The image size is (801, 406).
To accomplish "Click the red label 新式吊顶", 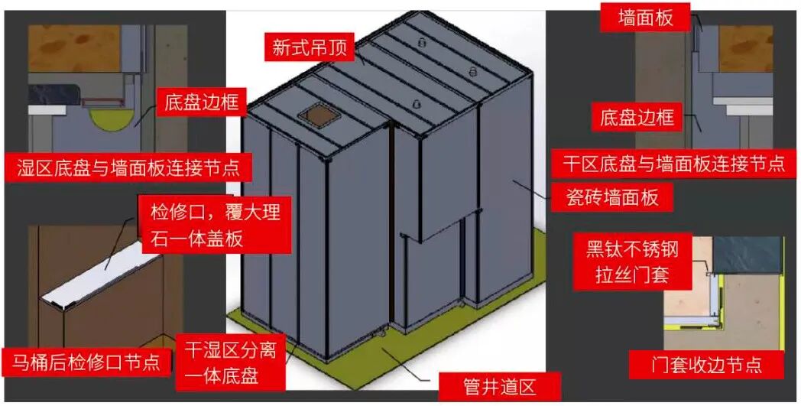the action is tap(309, 48).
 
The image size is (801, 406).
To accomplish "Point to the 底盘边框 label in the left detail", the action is tap(201, 103).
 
